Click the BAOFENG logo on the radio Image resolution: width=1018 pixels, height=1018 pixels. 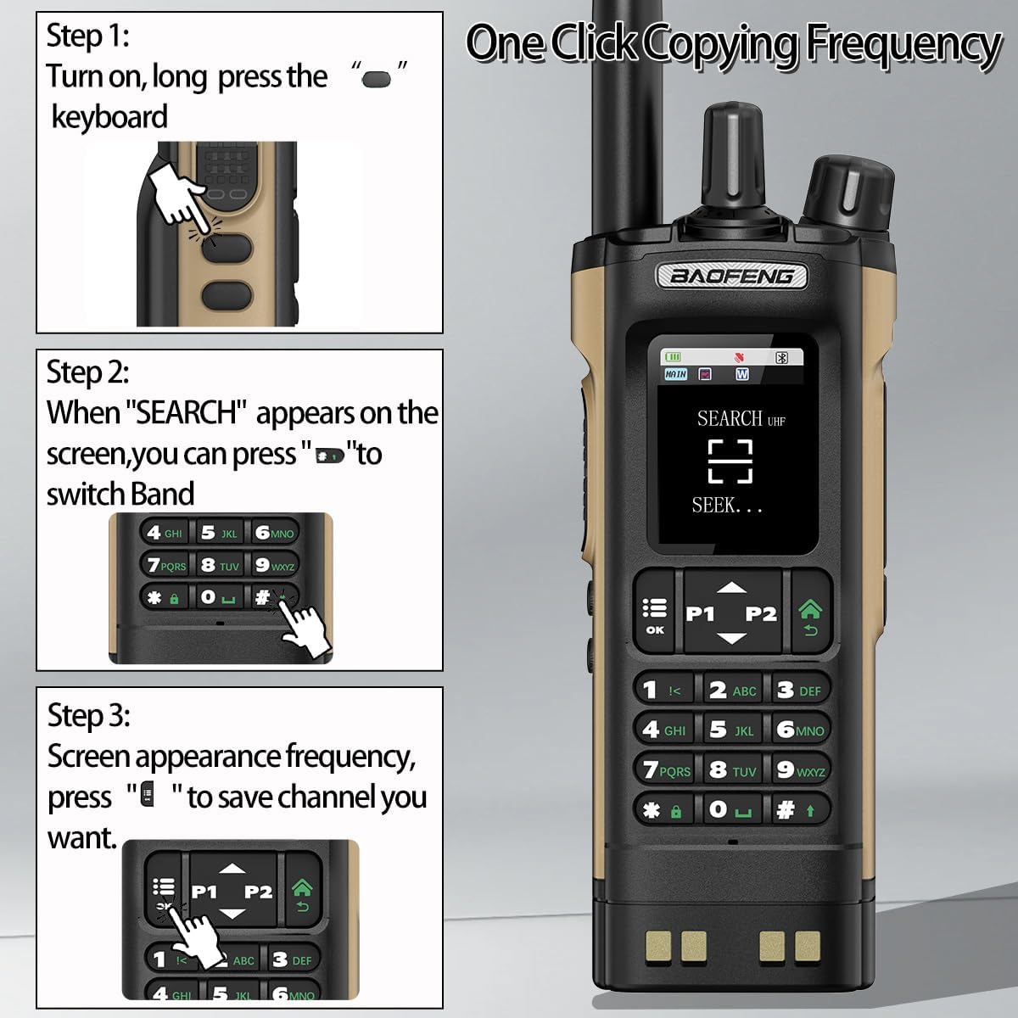coord(731,276)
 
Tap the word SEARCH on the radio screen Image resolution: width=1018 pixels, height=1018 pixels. coord(730,418)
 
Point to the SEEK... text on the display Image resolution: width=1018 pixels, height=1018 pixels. coord(726,506)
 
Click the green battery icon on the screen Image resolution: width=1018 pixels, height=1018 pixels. coord(674,358)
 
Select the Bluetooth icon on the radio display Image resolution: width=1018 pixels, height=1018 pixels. coord(782,358)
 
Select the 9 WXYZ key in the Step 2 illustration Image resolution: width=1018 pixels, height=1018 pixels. coord(273,565)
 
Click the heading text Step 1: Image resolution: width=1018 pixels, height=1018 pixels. coord(87,36)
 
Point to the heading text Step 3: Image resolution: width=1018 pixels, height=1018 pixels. coord(88,715)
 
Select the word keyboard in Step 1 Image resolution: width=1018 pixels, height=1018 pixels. coord(109,117)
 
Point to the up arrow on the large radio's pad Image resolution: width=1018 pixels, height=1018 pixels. coord(730,587)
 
